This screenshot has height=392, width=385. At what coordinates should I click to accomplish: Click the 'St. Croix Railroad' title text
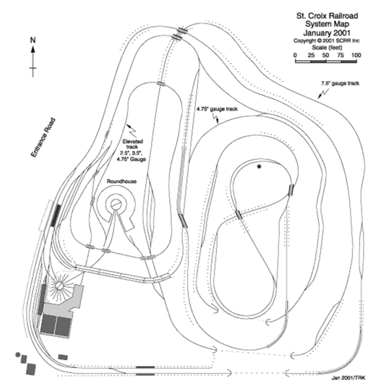coord(327,16)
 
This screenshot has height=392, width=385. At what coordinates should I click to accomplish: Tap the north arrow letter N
coord(33,40)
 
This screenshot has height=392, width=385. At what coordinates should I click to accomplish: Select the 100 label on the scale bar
coord(356,56)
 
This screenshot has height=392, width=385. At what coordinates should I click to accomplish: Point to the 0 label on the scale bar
coord(295,56)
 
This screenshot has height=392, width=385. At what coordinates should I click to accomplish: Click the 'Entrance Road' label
coord(43,138)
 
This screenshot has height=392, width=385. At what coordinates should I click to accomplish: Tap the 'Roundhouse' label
coord(122,181)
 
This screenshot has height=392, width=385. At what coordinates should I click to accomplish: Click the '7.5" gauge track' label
coord(340,83)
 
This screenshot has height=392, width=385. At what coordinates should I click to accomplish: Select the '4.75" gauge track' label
coord(217,109)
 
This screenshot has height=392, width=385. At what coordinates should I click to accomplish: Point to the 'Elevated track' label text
coord(133,144)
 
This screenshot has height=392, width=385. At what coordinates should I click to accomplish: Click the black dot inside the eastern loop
coord(259,167)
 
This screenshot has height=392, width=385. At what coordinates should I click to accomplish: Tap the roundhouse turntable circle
coord(116,204)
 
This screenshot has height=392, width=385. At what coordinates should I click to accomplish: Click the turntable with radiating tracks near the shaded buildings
coord(59,286)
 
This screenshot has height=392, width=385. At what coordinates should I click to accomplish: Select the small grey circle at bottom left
coord(18,355)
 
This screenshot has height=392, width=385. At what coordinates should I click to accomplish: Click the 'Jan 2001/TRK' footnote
coord(348,378)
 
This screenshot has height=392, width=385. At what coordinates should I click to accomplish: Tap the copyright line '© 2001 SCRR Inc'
coord(326,41)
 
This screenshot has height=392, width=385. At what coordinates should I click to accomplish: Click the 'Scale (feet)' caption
coord(327,48)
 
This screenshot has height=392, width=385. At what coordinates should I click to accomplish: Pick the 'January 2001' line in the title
coord(327,33)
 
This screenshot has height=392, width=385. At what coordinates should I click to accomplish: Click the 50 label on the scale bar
coord(326,56)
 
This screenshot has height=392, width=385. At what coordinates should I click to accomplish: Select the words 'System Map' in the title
coord(327,24)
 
